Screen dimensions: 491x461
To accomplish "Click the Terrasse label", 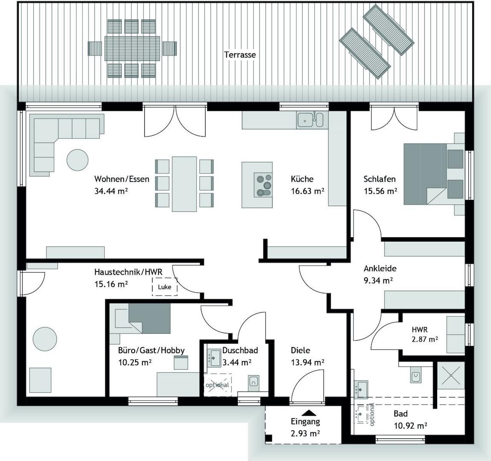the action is point(240,55).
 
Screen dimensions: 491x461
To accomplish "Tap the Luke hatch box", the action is point(165,286).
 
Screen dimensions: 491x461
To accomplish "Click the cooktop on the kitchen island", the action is point(263,185).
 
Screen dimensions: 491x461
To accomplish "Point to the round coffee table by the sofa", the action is point(77,160).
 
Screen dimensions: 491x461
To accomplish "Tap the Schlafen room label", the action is point(379,179).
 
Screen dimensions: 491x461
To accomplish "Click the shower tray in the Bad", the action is point(450,375).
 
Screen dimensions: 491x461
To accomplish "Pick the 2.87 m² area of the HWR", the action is point(425,339).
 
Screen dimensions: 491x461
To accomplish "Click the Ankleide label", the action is point(380,268).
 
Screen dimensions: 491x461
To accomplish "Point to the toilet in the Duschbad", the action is point(254,382).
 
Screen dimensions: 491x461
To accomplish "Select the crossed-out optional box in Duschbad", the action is point(218,385).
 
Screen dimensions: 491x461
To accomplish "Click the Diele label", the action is point(300,350).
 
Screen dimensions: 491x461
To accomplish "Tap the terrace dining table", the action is point(132,49).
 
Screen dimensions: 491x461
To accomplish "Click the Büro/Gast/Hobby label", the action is point(151,350).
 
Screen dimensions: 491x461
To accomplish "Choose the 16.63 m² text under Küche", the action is point(308,191).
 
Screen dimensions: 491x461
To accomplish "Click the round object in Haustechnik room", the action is point(45,339).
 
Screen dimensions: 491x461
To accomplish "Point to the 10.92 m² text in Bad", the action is point(411,426).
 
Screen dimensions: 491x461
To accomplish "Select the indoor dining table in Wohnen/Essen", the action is point(185,184).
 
